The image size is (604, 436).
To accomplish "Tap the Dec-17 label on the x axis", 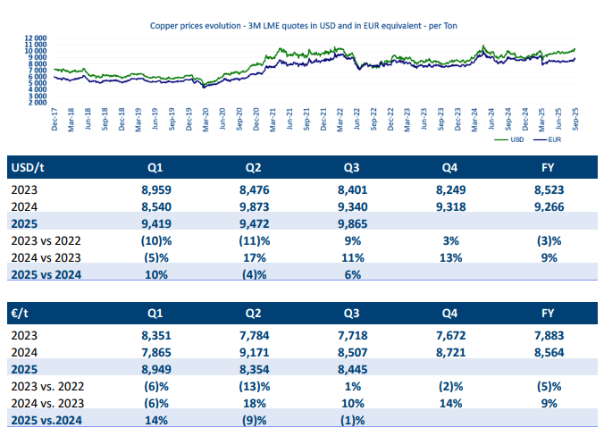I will [55, 119].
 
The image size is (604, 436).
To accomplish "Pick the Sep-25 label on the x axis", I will [575, 119].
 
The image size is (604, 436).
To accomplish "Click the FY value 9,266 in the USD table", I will [549, 207].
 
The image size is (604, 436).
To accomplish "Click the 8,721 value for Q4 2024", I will [449, 353].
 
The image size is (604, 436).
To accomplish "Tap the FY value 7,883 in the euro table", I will [549, 336].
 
